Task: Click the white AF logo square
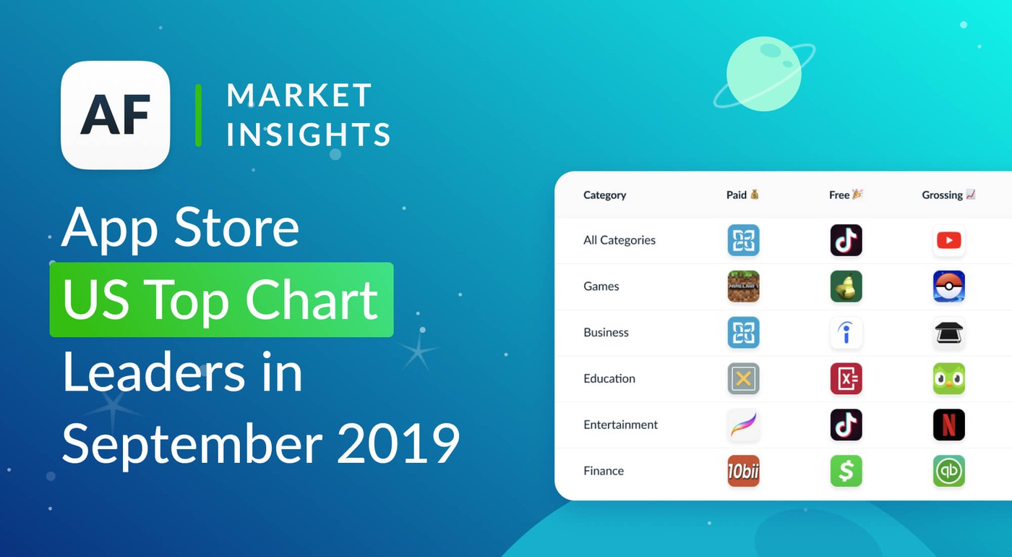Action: click(116, 115)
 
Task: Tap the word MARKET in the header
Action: click(299, 95)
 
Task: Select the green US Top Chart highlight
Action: click(221, 299)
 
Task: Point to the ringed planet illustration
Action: click(764, 75)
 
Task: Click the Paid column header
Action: click(742, 195)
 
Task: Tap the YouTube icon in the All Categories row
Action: click(948, 240)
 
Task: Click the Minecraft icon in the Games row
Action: click(743, 286)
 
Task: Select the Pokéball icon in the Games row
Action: click(948, 286)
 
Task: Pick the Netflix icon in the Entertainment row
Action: click(948, 425)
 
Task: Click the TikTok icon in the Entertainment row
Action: click(846, 425)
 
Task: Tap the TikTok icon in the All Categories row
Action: click(846, 240)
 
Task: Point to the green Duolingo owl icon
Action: click(948, 378)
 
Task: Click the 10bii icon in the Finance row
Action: click(743, 471)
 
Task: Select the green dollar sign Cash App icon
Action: click(846, 471)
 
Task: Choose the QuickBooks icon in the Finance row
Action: click(948, 471)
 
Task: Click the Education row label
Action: click(609, 378)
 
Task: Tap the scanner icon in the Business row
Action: click(948, 333)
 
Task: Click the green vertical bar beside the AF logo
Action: click(198, 115)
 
